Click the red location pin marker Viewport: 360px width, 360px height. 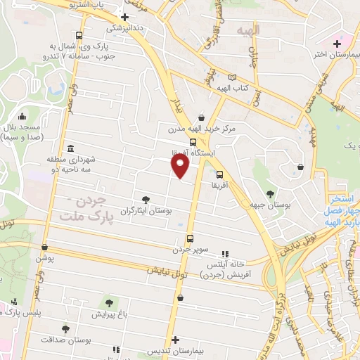(x=181, y=166)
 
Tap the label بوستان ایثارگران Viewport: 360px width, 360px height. (x=146, y=210)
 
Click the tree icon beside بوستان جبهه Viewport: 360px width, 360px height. (x=270, y=193)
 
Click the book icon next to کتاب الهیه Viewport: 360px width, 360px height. (x=232, y=77)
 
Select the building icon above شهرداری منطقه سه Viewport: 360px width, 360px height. (x=71, y=148)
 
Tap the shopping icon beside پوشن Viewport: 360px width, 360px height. (x=46, y=247)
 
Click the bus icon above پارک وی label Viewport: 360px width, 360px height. (x=79, y=35)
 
